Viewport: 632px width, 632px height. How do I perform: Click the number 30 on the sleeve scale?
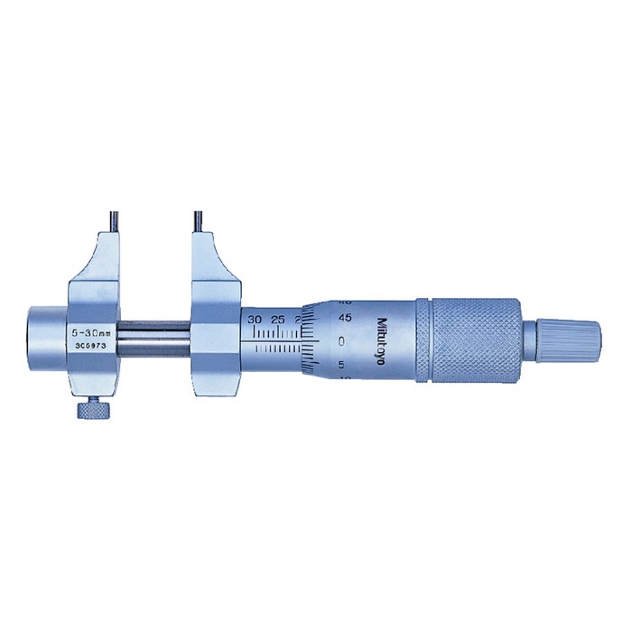pyautogui.click(x=256, y=320)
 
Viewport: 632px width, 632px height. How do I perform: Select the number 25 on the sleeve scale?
pyautogui.click(x=278, y=320)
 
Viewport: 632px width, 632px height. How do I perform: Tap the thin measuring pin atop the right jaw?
pyautogui.click(x=194, y=220)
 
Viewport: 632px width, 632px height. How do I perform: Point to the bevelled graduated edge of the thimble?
pyautogui.click(x=311, y=341)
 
